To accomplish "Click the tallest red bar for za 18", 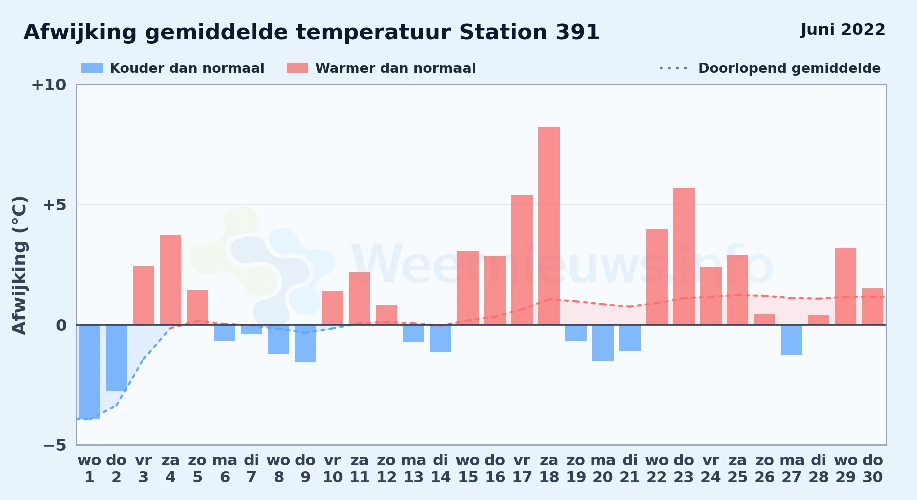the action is tap(549, 226).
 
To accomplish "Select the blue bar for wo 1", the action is tap(90, 372).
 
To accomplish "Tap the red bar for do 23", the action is tap(684, 256).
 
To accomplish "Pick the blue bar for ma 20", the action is tap(603, 343).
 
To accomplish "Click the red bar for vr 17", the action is tap(522, 260).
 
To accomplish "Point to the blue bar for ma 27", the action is tap(792, 340).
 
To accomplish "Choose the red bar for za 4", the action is tap(171, 280).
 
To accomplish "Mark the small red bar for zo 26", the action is tap(765, 319).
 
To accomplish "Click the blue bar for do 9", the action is tap(305, 343).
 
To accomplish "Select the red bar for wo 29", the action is tap(846, 286).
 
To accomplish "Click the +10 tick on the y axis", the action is tap(49, 85).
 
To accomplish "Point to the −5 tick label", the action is tap(55, 445).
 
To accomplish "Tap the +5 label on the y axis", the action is tap(55, 205).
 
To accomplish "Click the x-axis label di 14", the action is tap(441, 469).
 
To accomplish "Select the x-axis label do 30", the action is tap(873, 469).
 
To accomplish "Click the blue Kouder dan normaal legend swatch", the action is tap(92, 68).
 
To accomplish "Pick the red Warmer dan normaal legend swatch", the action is tap(297, 68).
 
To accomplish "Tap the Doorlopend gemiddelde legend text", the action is tap(789, 68).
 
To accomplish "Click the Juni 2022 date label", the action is tap(843, 30).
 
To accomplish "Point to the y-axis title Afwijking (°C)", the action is tap(19, 265).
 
